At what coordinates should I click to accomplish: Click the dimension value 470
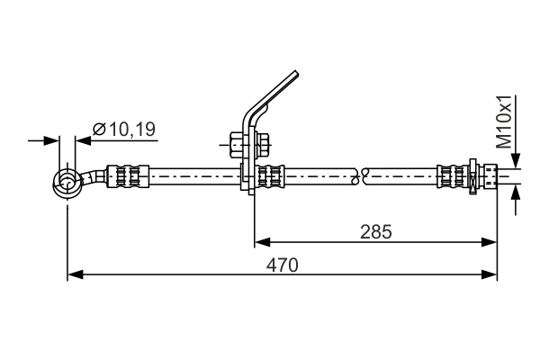(282, 265)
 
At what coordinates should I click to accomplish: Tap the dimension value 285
(375, 232)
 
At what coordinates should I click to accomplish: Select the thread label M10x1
(505, 122)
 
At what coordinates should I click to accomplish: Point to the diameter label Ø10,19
(124, 130)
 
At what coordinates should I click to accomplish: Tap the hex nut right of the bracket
(263, 145)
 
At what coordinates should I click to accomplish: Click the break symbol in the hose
(360, 176)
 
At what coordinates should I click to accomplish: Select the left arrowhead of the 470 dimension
(75, 274)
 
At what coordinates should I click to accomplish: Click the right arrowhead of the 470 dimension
(489, 274)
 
